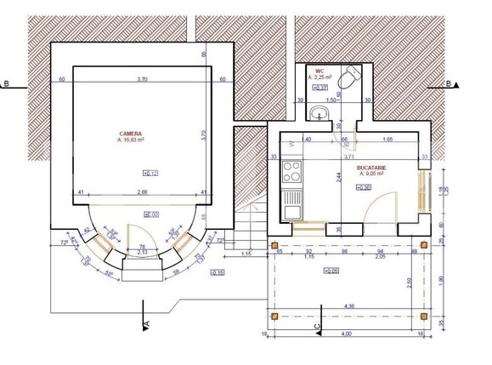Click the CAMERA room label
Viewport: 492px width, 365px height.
point(130,134)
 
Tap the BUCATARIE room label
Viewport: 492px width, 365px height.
point(371,168)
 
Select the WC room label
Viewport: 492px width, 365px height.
point(320,71)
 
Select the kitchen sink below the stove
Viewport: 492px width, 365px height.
point(291,201)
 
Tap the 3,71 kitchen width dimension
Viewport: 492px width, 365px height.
point(348,157)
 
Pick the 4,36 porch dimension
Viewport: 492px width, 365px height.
point(348,305)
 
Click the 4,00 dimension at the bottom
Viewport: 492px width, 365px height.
point(347,334)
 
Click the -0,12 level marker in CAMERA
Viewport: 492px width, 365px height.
point(151,173)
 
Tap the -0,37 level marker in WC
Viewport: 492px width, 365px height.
point(321,87)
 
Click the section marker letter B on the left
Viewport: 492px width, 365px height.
point(7,84)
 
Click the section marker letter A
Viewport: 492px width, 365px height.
point(146,324)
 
